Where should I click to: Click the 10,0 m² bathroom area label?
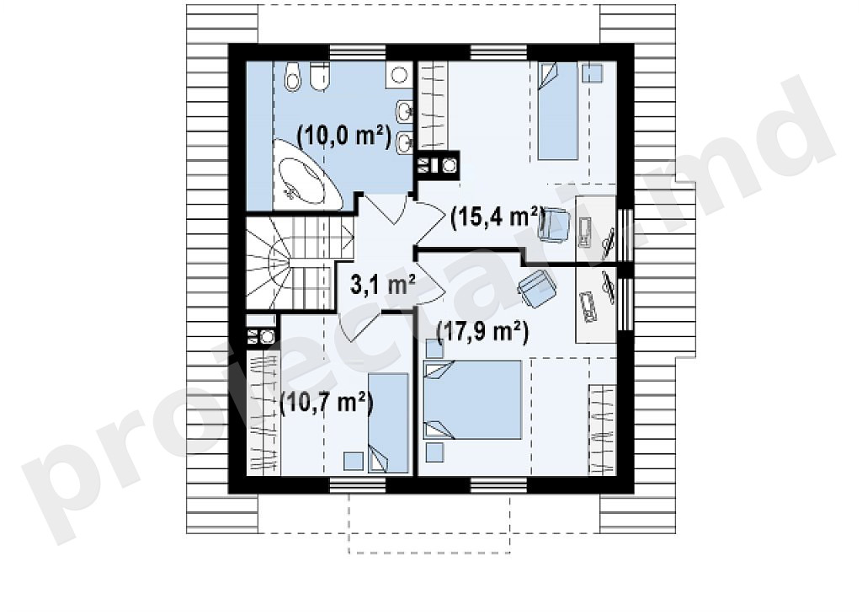[x=343, y=136]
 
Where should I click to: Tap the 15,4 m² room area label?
[x=498, y=218]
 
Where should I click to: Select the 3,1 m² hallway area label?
[x=383, y=285]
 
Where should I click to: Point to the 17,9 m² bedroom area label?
[x=482, y=332]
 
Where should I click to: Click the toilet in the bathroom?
[x=293, y=76]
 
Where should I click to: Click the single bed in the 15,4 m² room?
[x=557, y=110]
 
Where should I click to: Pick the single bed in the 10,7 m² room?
[x=389, y=423]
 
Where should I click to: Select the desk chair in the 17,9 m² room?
[x=536, y=288]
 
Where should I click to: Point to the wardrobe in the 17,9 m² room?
[x=603, y=430]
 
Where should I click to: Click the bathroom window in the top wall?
[x=358, y=53]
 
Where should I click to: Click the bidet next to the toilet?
[x=318, y=75]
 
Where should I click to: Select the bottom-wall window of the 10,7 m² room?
[x=358, y=484]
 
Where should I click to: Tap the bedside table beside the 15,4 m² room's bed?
[x=593, y=72]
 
